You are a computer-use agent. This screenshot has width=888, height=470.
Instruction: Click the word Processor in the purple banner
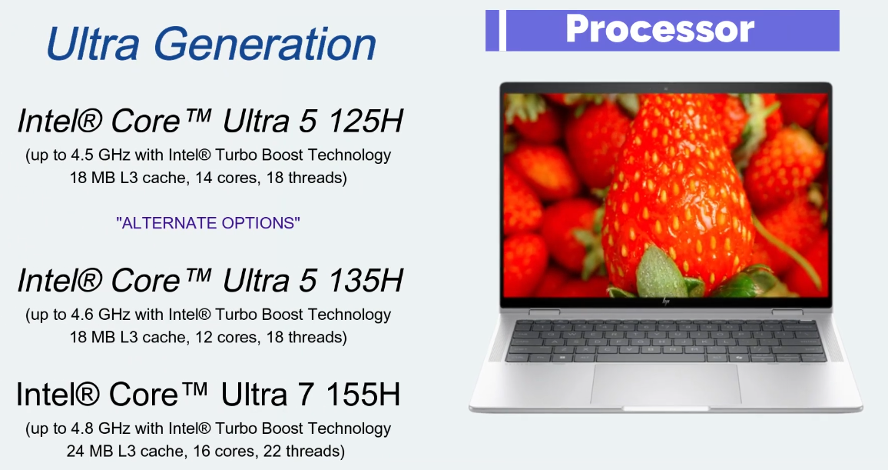[660, 29]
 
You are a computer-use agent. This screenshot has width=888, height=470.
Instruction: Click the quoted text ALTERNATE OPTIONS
[208, 223]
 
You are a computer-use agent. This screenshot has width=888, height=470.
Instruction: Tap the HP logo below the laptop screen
[665, 303]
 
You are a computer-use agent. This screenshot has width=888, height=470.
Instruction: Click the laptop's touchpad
[665, 382]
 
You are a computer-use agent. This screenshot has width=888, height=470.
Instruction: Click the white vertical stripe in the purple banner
[502, 30]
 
